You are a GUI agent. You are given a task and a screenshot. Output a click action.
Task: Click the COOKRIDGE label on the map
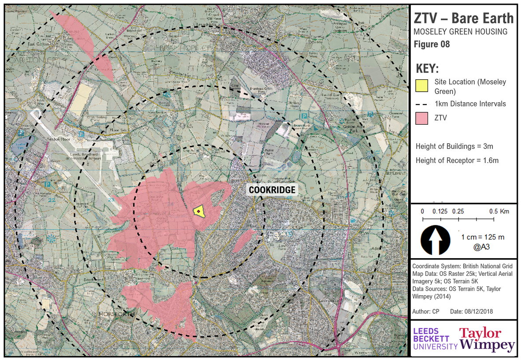click(272, 190)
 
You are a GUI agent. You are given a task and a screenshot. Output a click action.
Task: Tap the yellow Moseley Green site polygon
click(199, 211)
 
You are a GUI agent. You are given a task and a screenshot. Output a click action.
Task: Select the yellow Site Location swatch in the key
click(422, 85)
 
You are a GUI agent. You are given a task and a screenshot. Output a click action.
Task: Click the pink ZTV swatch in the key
click(422, 118)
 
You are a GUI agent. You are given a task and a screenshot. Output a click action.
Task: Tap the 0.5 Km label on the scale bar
click(499, 212)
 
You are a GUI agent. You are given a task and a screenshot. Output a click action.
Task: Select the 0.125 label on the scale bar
click(440, 212)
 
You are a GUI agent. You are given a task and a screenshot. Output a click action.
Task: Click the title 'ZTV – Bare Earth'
click(463, 19)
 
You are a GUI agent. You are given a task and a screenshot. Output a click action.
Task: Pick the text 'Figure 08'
click(432, 45)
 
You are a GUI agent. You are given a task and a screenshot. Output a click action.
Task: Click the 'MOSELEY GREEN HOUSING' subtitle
click(460, 32)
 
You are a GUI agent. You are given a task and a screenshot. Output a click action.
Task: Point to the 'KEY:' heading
click(427, 69)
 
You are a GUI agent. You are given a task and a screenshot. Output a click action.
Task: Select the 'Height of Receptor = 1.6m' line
click(457, 160)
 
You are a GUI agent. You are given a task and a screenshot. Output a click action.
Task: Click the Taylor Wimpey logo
click(487, 339)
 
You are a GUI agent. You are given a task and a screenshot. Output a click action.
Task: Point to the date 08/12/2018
click(478, 312)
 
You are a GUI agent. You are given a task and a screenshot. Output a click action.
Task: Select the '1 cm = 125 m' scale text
click(483, 237)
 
